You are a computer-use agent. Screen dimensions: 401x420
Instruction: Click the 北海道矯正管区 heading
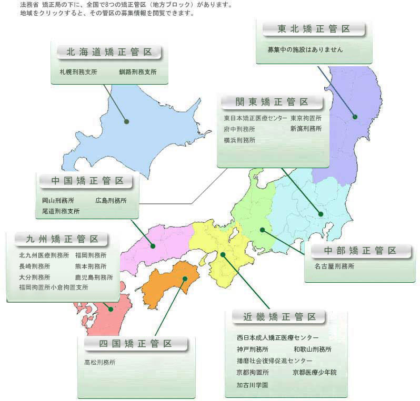[109, 52]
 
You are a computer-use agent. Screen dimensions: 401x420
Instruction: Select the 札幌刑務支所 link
[78, 72]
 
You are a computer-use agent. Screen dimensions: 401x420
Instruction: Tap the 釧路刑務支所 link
[137, 72]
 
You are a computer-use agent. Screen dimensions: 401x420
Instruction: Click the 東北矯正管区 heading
[314, 29]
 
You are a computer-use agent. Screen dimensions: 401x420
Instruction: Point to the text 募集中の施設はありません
[305, 49]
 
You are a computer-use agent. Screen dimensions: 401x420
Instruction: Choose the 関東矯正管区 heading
[273, 102]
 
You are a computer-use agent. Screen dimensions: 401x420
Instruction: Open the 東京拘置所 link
[306, 118]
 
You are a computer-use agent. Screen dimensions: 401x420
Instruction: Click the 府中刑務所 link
[239, 129]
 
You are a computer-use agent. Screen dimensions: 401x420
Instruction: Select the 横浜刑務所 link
[239, 140]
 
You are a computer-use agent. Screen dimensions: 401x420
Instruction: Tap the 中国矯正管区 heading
[88, 181]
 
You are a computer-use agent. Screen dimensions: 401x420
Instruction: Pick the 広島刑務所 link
[111, 200]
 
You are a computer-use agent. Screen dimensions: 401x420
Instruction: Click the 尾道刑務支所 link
[61, 211]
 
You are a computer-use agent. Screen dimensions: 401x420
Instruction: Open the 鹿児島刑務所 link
[94, 277]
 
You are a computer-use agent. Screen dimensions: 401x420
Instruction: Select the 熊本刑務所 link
[91, 266]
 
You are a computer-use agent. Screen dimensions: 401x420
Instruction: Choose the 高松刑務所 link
[99, 362]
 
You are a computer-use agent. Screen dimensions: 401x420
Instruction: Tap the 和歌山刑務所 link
[313, 349]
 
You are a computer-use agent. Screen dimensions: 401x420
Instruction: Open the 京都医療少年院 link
[314, 372]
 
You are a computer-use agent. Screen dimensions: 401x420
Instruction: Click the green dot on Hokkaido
[127, 121]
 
